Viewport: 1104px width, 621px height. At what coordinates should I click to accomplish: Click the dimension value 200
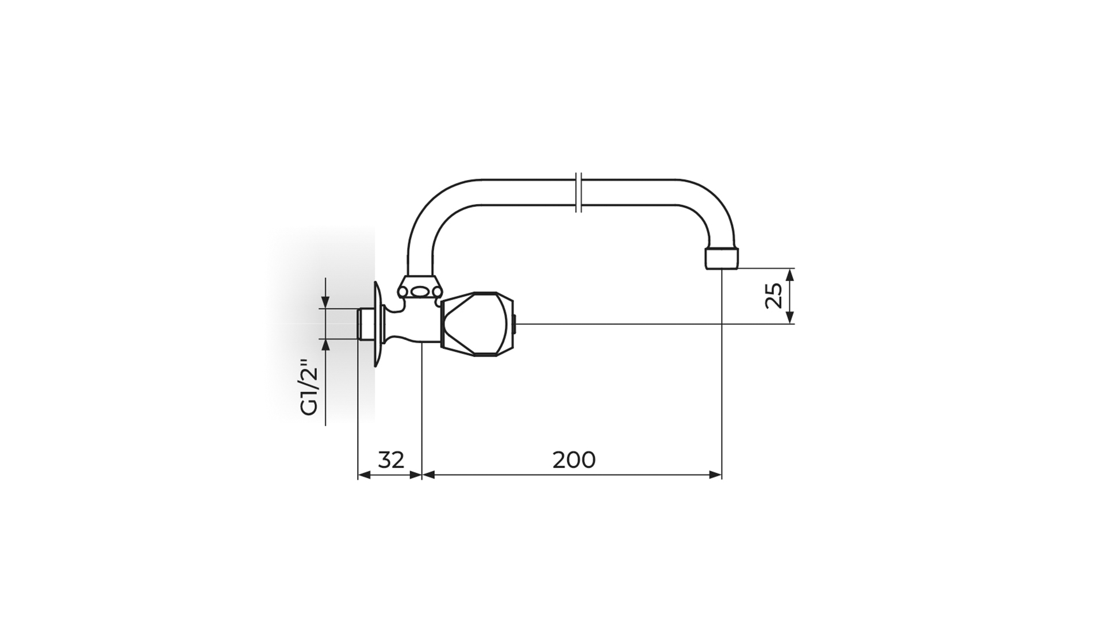574,460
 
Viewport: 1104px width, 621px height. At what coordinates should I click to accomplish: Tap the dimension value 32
391,460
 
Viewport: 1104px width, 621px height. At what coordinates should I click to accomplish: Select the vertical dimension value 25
774,296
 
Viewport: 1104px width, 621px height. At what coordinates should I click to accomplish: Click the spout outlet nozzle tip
720,258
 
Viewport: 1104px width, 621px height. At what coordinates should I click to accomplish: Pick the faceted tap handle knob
477,324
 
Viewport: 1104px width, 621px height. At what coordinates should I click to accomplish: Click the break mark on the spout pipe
579,192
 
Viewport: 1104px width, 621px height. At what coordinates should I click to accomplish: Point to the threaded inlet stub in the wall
365,324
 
